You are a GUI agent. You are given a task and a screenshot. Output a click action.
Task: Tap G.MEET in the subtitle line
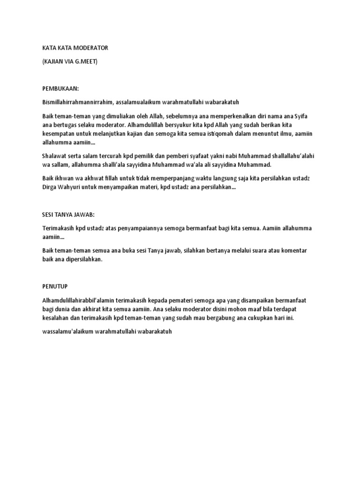tap(86, 61)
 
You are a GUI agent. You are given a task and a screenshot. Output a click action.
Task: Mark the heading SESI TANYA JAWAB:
tap(68, 214)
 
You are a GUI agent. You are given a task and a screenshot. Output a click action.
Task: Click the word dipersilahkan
tap(89, 259)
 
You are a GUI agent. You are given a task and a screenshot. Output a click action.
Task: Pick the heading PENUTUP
tap(55, 286)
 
